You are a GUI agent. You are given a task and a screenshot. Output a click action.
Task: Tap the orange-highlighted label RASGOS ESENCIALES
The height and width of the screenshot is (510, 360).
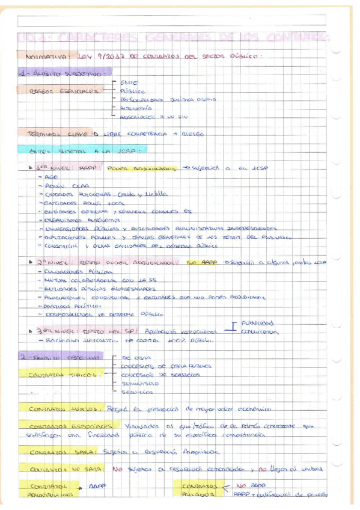tap(64, 91)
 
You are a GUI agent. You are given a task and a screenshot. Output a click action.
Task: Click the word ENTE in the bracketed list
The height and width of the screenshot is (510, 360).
tap(129, 82)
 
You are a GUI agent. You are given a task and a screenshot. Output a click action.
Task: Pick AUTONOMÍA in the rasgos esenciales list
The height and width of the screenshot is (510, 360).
tap(133, 108)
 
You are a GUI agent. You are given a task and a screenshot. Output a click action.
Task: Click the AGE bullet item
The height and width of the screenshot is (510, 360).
tap(52, 178)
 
